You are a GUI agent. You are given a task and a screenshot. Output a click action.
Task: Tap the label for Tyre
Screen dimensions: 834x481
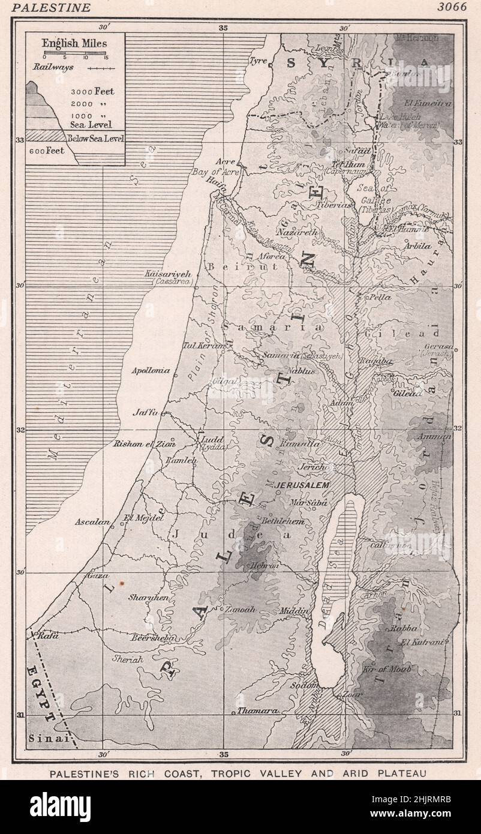[x=258, y=61]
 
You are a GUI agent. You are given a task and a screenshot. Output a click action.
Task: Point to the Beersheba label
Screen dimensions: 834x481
[x=155, y=638]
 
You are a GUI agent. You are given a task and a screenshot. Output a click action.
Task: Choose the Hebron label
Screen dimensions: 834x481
[x=266, y=565]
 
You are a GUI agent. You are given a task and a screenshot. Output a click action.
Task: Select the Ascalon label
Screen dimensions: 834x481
[x=92, y=522]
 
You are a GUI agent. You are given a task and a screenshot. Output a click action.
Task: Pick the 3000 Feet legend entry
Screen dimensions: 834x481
[x=92, y=92]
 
